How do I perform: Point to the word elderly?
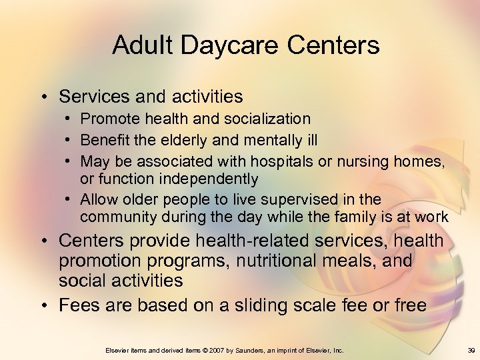(x=183, y=141)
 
